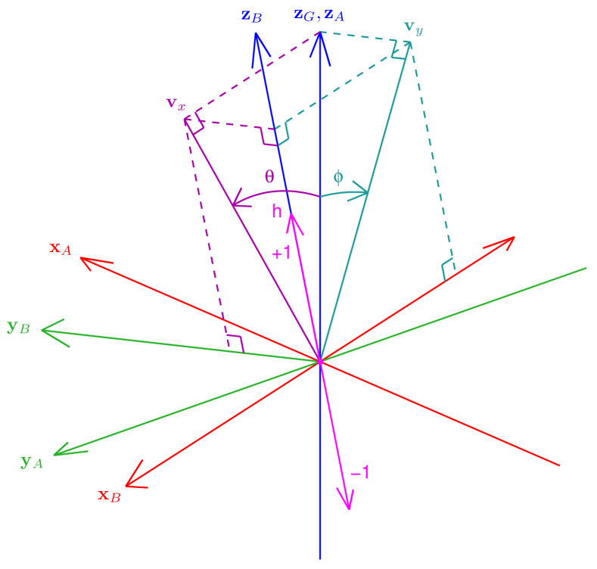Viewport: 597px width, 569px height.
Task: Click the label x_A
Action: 61,248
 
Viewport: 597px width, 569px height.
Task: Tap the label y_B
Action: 18,328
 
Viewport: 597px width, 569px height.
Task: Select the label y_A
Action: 31,461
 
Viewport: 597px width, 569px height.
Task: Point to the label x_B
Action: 109,496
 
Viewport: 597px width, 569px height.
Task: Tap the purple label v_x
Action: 176,102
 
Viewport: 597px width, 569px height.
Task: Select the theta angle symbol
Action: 269,176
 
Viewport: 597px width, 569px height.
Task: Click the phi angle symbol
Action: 338,178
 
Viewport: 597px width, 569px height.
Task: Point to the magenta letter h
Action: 277,213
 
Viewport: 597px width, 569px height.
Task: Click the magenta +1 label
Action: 281,254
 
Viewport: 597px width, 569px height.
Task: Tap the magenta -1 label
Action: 361,473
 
